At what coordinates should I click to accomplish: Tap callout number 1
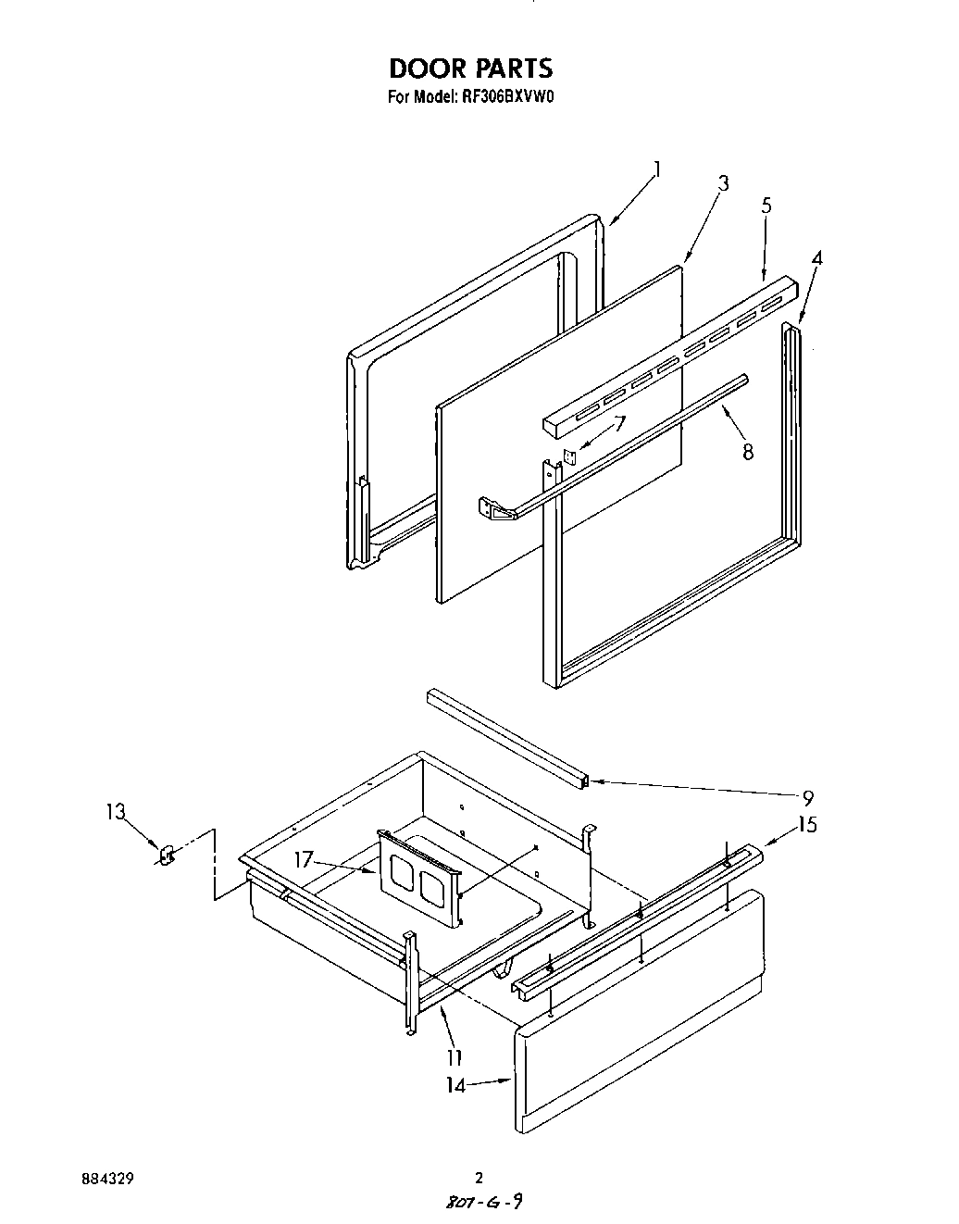(x=656, y=169)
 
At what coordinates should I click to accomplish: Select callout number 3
(x=722, y=183)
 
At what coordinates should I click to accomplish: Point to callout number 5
(x=766, y=206)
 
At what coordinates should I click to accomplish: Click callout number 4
(x=816, y=258)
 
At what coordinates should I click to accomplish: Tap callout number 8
(x=747, y=452)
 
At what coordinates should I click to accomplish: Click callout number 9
(x=807, y=797)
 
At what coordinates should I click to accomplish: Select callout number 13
(x=115, y=812)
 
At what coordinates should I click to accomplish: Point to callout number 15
(x=806, y=824)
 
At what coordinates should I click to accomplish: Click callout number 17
(x=305, y=859)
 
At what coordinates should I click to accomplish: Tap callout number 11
(x=454, y=1056)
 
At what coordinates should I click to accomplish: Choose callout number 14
(x=455, y=1086)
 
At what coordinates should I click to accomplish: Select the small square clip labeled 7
(x=571, y=456)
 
